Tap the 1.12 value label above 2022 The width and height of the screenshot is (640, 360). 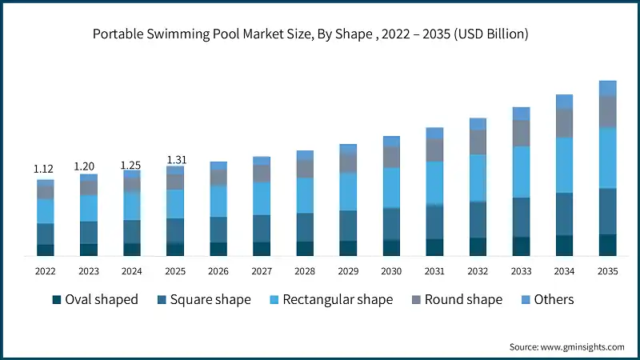point(45,169)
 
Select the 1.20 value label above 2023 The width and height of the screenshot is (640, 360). point(88,166)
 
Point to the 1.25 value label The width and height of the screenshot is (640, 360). point(131,165)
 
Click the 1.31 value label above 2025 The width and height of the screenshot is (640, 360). point(174,160)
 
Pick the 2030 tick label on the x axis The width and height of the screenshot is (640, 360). point(391,271)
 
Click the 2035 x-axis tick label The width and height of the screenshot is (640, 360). point(607,271)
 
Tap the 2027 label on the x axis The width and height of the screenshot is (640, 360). point(262,271)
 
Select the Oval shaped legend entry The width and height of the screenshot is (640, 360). point(94,299)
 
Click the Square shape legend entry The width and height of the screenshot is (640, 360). point(205,299)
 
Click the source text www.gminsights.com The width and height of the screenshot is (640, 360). point(566,346)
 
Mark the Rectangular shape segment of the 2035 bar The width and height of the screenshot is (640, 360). point(607,158)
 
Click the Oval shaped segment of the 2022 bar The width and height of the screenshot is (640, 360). point(45,250)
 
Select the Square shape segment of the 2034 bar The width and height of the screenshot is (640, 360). point(564,214)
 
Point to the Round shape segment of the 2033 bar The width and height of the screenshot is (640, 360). point(521,133)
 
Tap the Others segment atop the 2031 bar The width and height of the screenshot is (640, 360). point(434,133)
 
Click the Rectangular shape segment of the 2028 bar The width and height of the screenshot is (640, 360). point(305,195)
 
